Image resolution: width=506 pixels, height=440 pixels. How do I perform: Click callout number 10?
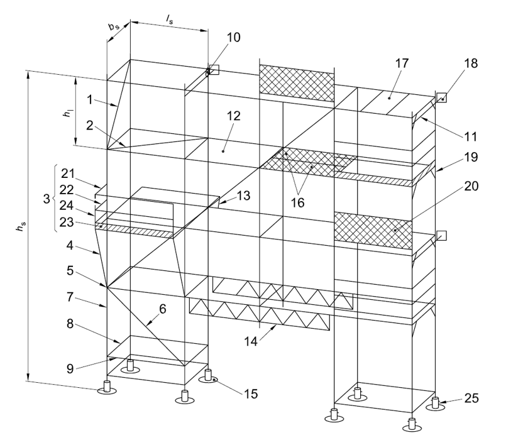tap(234, 38)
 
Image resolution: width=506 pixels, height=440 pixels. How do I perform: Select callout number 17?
tap(402, 63)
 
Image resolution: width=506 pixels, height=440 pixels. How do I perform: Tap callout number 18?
tap(471, 63)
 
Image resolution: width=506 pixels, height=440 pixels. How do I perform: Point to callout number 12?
tap(234, 116)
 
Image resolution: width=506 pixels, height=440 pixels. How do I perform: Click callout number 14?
tap(251, 341)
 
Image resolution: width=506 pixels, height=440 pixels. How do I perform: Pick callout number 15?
tap(251, 394)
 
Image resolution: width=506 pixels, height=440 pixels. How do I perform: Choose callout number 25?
tap(471, 399)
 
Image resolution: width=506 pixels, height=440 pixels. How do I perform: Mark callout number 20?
tap(471, 186)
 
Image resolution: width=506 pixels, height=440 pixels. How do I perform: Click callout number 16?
tap(297, 203)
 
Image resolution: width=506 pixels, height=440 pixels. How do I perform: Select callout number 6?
tap(163, 309)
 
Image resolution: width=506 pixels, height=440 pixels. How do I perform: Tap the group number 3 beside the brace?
tap(47, 199)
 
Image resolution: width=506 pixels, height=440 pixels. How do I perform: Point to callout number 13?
tap(243, 195)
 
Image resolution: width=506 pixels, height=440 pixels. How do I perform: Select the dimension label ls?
tap(170, 20)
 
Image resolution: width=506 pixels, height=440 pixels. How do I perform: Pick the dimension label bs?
tap(114, 26)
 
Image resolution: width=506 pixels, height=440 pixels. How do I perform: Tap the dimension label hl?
tap(68, 113)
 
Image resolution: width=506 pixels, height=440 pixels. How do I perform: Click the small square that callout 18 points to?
tap(441, 97)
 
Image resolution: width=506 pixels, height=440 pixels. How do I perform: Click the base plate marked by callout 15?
tap(208, 379)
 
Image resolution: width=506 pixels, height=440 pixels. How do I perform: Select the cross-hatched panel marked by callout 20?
tap(373, 231)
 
